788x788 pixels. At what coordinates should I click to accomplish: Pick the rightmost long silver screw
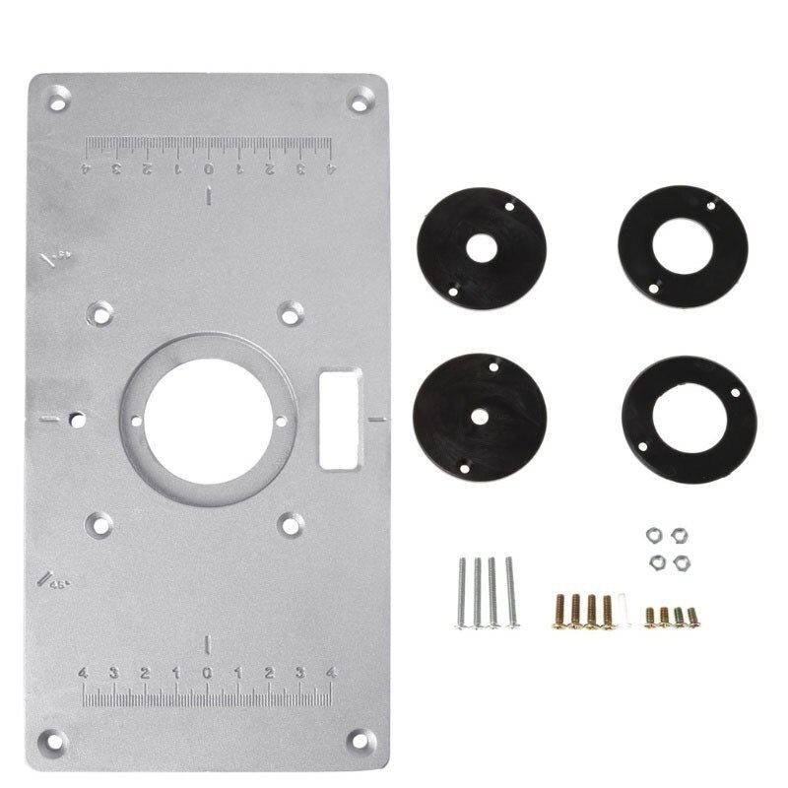510,591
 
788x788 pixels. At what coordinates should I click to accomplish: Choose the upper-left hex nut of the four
651,533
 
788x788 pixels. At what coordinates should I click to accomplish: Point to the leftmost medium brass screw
560,611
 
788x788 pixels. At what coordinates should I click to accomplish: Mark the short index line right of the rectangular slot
374,418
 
